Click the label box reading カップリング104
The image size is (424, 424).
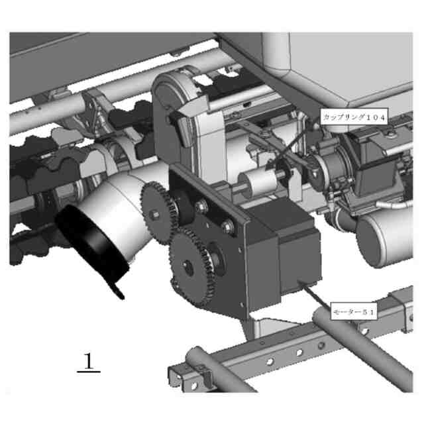click(354, 117)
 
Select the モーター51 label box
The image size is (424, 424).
click(354, 312)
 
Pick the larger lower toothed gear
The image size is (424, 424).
click(192, 266)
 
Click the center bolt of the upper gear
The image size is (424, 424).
click(154, 215)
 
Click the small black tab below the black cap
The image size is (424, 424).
click(117, 291)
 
